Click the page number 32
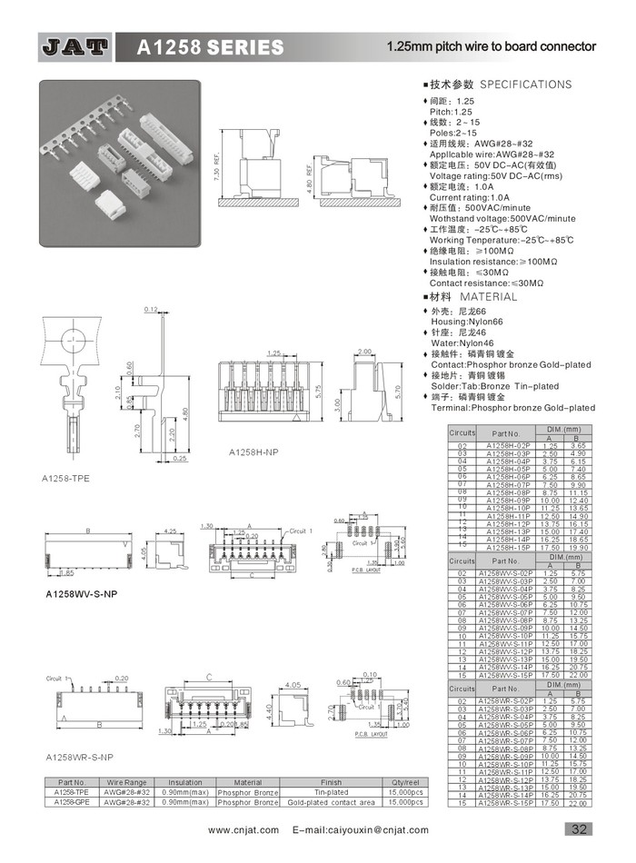[579, 828]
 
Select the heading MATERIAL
[488, 297]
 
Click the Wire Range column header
[127, 782]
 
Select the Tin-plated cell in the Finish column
[331, 792]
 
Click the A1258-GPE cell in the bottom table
[72, 802]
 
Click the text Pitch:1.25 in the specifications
[452, 111]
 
